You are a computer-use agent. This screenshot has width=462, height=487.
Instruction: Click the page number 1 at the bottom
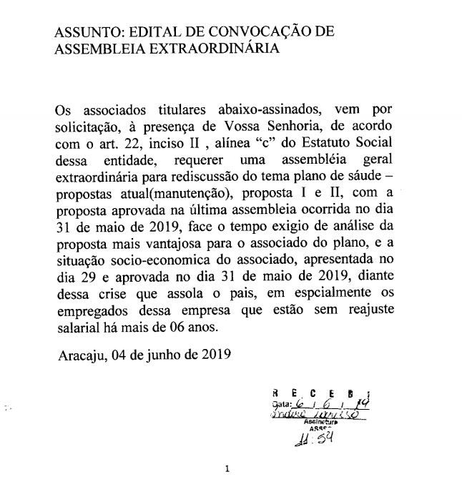(227, 470)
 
